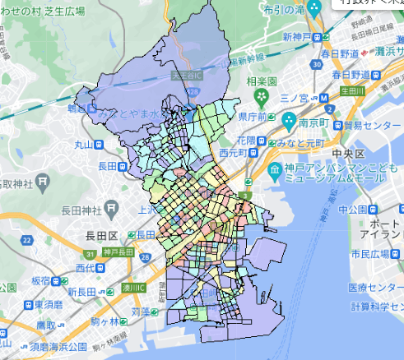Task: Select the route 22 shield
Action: coord(27,240)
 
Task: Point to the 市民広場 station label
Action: coord(375,253)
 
